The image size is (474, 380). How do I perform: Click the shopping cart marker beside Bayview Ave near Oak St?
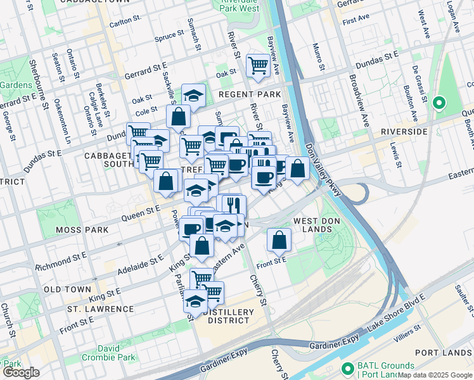(258, 65)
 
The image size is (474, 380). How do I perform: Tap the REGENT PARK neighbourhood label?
(249, 94)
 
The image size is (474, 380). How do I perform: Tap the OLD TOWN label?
(68, 289)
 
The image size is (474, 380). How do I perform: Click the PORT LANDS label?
(444, 352)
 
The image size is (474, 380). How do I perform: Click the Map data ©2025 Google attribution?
(435, 375)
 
